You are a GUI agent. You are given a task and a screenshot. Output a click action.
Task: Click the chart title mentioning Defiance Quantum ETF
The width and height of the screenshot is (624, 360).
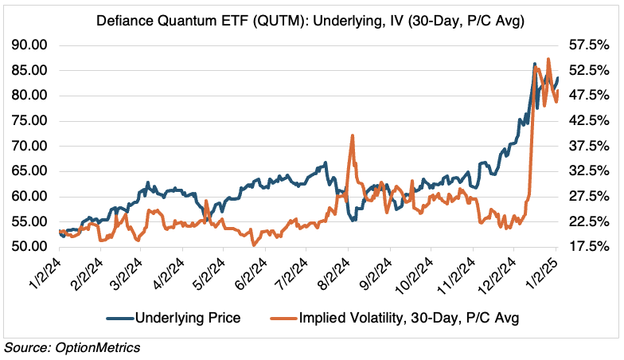pyautogui.click(x=311, y=17)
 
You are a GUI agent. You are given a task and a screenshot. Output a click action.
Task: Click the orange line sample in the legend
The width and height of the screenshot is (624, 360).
pyautogui.click(x=281, y=319)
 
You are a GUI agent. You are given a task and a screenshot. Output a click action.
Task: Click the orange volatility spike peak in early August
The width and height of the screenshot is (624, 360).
pyautogui.click(x=351, y=136)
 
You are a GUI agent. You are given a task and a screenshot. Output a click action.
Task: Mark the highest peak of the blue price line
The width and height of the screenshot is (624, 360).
pyautogui.click(x=534, y=63)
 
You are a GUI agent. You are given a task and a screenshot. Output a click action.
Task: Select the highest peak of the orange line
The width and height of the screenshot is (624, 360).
pyautogui.click(x=548, y=59)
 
